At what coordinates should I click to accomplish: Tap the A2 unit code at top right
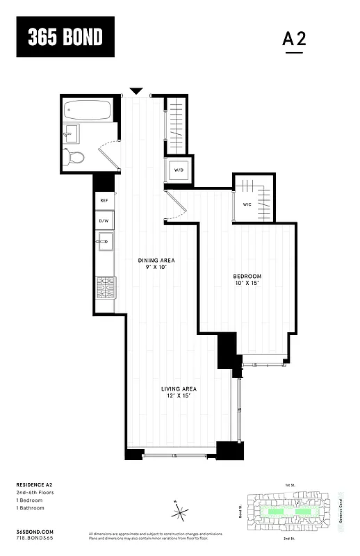point(294,40)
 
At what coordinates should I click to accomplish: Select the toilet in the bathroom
point(74,157)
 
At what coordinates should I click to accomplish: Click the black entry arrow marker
point(137,91)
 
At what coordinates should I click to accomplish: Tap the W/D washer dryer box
point(178,169)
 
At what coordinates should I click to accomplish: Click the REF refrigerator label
point(104,200)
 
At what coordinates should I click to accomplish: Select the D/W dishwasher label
point(104,222)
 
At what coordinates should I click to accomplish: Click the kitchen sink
point(105,243)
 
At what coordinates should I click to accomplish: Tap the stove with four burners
point(105,286)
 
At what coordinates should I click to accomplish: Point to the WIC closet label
point(247,204)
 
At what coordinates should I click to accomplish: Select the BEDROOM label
point(247,277)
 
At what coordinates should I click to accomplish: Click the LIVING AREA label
point(179,389)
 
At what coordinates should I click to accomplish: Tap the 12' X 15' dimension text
point(179,395)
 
